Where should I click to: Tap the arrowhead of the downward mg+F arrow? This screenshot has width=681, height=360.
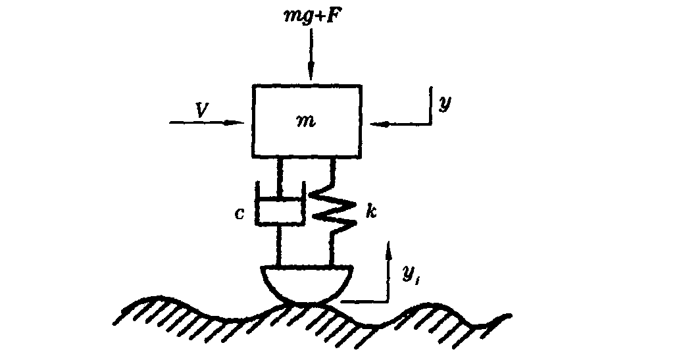pyautogui.click(x=312, y=74)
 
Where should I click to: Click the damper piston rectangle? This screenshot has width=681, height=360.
pyautogui.click(x=280, y=212)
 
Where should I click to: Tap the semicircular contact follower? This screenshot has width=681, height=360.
pyautogui.click(x=307, y=282)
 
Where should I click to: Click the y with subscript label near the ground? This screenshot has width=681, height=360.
pyautogui.click(x=409, y=273)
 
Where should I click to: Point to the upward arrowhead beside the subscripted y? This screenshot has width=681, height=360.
pyautogui.click(x=390, y=247)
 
